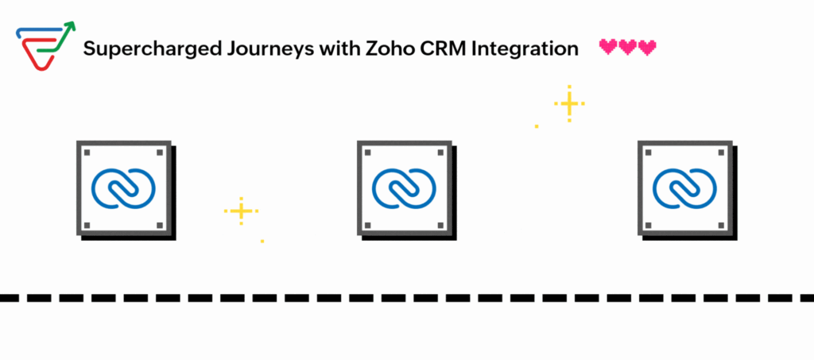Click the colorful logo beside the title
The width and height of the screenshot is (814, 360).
coord(45,45)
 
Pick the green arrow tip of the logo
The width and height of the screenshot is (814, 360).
coord(74,23)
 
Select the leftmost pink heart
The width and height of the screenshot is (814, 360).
coord(608,47)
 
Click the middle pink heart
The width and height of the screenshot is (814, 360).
coord(628,47)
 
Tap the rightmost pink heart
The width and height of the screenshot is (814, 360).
coord(647,47)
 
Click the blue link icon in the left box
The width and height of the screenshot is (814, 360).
coord(123,188)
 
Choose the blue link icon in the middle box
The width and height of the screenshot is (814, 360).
coord(404,188)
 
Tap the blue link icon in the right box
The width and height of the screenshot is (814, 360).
coord(684,188)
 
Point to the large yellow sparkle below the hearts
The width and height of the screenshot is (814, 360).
coord(569,104)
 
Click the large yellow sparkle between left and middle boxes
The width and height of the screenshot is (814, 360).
coord(242,211)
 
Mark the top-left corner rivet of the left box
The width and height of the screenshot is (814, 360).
coord(87,153)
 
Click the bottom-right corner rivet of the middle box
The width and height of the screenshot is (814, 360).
coord(440,225)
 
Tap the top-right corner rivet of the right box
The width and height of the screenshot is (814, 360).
coord(721,153)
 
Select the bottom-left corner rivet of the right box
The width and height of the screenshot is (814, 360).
coord(648,225)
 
